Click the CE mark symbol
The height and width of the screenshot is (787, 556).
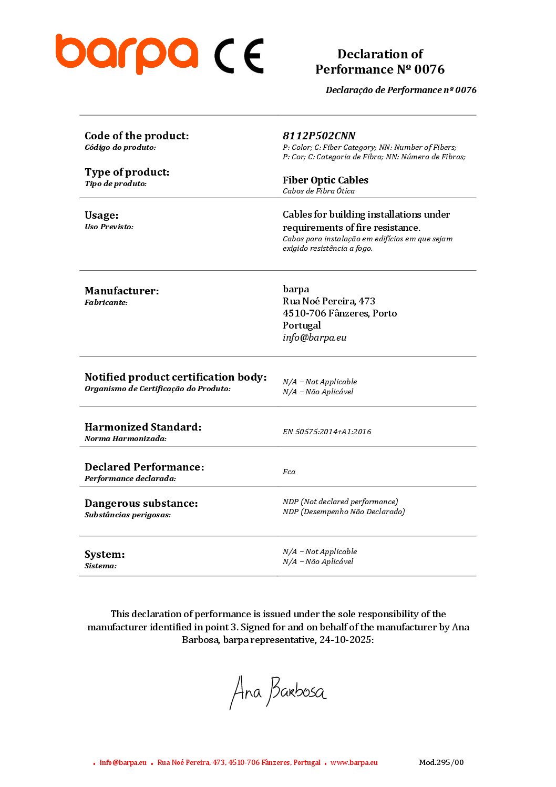coord(239,56)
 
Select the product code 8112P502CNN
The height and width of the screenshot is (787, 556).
coord(319,136)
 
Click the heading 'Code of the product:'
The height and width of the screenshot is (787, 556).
coord(137,136)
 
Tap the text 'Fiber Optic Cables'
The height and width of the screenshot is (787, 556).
coord(325,180)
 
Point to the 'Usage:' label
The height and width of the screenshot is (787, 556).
coord(101,215)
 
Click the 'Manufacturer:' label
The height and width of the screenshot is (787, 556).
coord(121,291)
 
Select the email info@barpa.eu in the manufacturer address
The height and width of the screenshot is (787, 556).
coord(314,338)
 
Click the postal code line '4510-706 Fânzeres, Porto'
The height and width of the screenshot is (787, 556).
coord(339,313)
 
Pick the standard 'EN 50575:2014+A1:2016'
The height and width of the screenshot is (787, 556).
coord(327,432)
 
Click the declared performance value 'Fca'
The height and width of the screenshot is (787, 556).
coord(289,472)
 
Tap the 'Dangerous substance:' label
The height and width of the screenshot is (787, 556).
coord(141,503)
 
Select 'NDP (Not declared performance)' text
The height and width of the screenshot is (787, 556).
coord(340,502)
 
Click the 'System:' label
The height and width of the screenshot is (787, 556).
coord(105,554)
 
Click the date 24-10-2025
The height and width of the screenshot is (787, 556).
coord(345,640)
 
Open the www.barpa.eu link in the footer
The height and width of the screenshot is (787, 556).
coord(354,762)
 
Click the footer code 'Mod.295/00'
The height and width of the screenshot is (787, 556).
coord(441,762)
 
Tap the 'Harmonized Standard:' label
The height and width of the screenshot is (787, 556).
coord(143,427)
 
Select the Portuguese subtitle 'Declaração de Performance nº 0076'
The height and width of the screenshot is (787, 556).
coord(401,90)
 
